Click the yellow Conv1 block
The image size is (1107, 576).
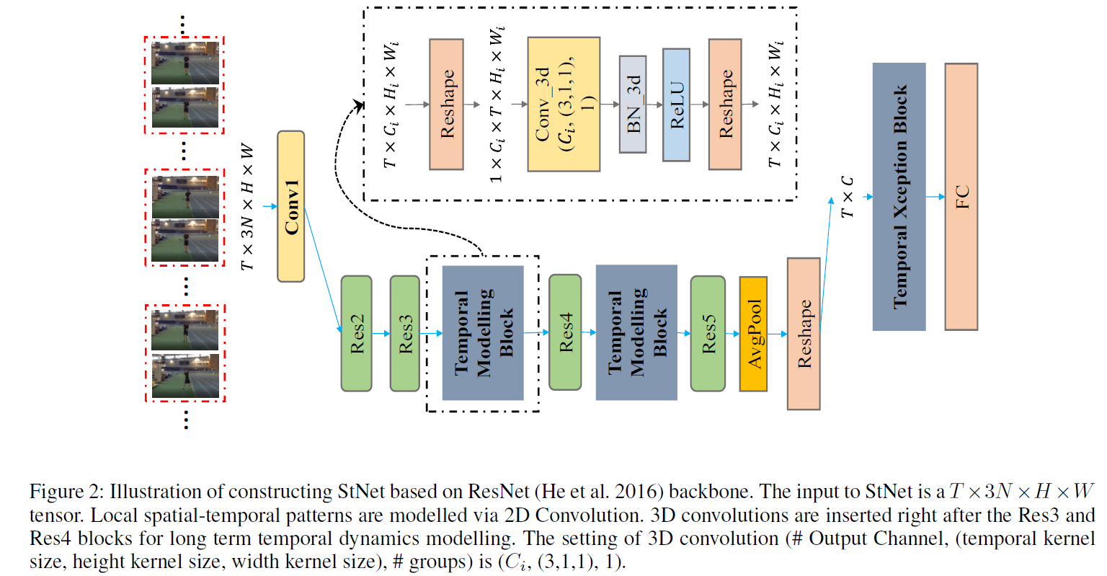[x=291, y=207]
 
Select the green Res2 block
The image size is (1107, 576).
[x=356, y=333]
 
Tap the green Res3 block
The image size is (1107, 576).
[x=405, y=333]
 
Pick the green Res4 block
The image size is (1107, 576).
[x=565, y=332]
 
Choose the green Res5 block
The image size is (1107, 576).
[x=708, y=333]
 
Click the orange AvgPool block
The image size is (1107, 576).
[x=753, y=334]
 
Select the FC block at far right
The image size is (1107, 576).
[x=961, y=196]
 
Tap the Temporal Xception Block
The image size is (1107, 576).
[x=899, y=196]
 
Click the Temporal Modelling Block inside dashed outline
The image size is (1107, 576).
[x=483, y=333]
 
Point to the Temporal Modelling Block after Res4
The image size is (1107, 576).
[x=636, y=332]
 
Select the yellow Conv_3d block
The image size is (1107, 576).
[x=564, y=105]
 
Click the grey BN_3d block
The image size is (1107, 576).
[x=633, y=105]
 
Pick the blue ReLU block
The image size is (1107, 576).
[x=676, y=105]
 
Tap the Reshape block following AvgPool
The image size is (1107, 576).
[x=804, y=334]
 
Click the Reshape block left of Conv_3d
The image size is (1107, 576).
[x=447, y=105]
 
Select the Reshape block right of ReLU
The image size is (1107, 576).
[x=725, y=105]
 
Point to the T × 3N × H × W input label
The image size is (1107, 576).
[x=248, y=207]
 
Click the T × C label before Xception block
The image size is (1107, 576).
[x=847, y=196]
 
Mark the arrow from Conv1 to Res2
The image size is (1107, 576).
[x=322, y=270]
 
